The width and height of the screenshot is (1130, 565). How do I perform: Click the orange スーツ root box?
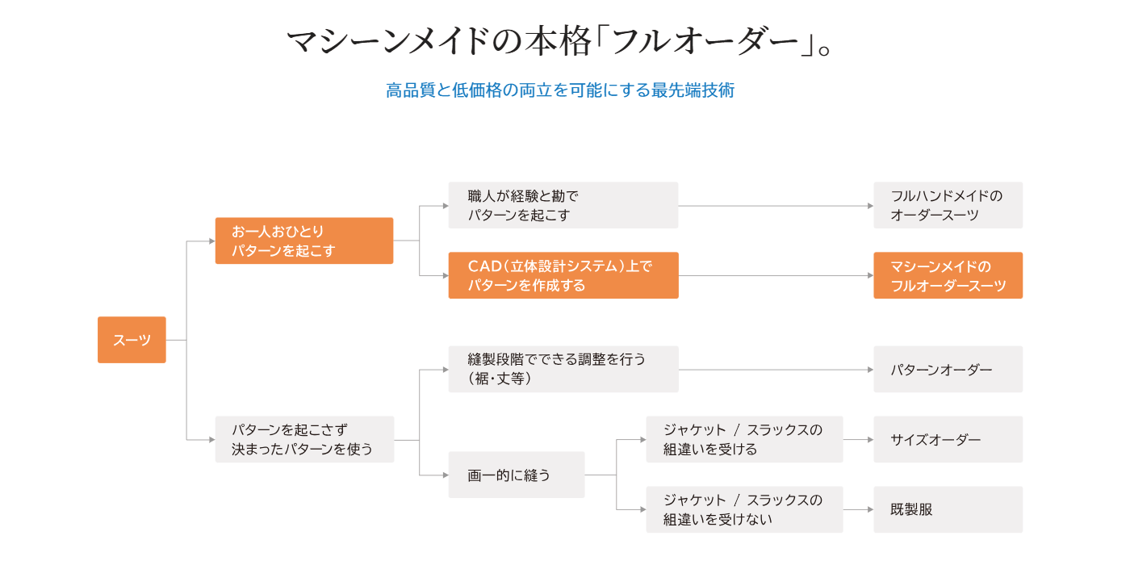tap(132, 340)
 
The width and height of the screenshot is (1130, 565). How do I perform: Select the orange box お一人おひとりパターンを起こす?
tap(303, 241)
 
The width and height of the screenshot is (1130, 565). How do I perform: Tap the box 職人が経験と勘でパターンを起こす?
tap(563, 206)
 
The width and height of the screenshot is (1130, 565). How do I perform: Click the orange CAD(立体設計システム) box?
tap(563, 275)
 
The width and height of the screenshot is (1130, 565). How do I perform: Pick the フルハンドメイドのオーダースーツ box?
tap(948, 206)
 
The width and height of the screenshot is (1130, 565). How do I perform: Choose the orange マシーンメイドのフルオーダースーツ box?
tap(948, 275)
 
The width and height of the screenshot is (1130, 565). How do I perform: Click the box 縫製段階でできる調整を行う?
tap(563, 370)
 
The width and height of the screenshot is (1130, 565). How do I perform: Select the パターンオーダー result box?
tap(948, 370)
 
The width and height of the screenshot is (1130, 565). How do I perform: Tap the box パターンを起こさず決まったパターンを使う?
tap(303, 440)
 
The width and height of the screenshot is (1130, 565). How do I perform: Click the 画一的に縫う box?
tap(516, 475)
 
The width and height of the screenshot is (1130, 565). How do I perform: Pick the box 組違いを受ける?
tap(743, 440)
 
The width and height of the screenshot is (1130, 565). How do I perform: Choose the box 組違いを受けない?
tap(743, 509)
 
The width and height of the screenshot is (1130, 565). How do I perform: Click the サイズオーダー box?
tap(948, 440)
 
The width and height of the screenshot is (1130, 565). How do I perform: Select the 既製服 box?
tap(948, 509)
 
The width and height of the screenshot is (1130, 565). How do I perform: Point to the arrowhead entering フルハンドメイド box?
tap(870, 206)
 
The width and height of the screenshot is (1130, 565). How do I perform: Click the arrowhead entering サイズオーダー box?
tap(870, 440)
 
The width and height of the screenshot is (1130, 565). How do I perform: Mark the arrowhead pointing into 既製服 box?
tap(870, 509)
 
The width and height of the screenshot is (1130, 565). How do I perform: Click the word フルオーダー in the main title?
tap(705, 43)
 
